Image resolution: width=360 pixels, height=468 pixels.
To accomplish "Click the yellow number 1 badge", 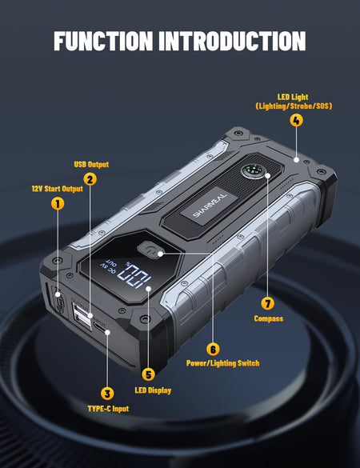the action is point(58,203).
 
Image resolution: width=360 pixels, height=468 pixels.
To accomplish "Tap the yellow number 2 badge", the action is point(90,179).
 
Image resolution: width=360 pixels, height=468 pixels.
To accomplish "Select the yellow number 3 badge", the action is point(107,393).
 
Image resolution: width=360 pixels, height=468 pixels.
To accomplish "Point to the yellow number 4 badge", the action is point(296,120).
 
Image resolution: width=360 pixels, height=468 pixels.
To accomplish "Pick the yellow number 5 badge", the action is point(148,374).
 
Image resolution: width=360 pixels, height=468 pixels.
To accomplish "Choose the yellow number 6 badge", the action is point(213,349).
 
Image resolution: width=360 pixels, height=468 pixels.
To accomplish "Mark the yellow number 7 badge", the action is point(267,303).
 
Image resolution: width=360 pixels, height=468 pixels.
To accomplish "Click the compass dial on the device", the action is point(253,172).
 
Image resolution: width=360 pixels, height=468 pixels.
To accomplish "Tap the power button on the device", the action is point(150,250).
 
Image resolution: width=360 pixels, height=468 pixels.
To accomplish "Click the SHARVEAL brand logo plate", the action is point(210,206).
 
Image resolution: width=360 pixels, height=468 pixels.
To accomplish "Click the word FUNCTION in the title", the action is point(103,41).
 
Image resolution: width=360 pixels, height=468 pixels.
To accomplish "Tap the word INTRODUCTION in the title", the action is point(232,41).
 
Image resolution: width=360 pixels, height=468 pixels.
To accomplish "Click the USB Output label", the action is point(91,165).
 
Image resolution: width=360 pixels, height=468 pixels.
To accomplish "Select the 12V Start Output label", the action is point(58,189).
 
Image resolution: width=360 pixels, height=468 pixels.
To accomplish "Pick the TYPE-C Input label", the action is point(108,409).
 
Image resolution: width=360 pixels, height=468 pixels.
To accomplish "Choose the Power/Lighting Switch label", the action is point(222,363).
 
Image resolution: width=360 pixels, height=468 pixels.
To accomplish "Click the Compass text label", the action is point(268,318).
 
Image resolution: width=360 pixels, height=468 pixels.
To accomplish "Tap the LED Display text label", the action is point(153,390).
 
